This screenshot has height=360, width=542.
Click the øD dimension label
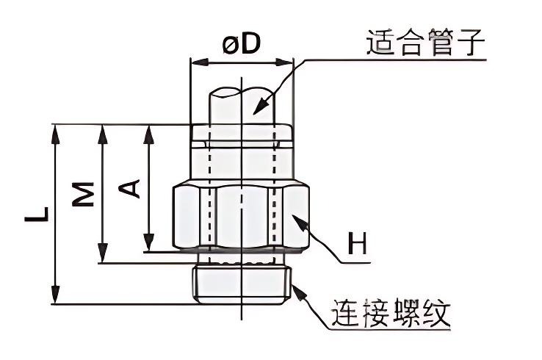[x=241, y=45]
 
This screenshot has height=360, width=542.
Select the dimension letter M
[x=87, y=193]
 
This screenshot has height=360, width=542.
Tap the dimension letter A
[x=130, y=189]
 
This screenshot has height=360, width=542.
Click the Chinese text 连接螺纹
[x=391, y=314]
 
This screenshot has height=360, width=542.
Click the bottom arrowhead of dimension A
[x=149, y=245]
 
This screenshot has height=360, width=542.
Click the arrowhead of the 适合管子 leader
[x=258, y=110]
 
